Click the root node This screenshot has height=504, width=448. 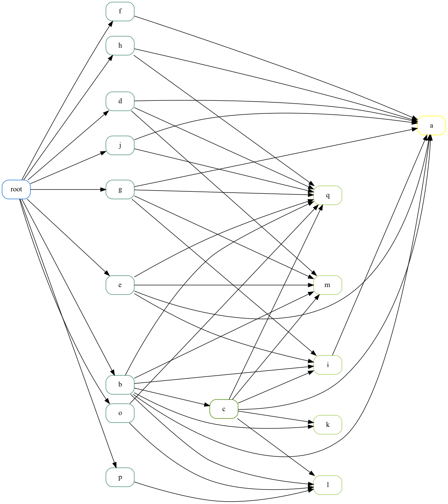click(x=17, y=189)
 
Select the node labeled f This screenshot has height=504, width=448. click(x=120, y=11)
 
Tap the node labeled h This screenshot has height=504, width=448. click(x=120, y=46)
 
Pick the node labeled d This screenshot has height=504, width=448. click(x=120, y=101)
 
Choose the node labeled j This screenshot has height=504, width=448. click(x=120, y=145)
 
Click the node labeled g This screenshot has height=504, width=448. click(x=120, y=189)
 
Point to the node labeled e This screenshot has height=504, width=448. click(x=120, y=285)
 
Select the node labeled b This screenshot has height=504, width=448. click(x=120, y=385)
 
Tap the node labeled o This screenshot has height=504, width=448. click(x=120, y=413)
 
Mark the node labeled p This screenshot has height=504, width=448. click(x=120, y=477)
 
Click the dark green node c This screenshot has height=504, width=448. click(x=224, y=409)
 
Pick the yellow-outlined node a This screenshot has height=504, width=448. click(x=431, y=126)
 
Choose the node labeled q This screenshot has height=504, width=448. click(x=328, y=195)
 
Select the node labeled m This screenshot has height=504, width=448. click(x=328, y=285)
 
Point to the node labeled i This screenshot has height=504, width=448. click(x=328, y=365)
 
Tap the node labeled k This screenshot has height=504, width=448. click(x=328, y=425)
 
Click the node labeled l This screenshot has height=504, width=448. click(x=328, y=485)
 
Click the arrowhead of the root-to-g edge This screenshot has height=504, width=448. click(x=103, y=189)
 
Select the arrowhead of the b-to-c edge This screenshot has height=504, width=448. click(x=207, y=405)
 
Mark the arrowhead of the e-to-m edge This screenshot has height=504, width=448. click(x=311, y=285)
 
